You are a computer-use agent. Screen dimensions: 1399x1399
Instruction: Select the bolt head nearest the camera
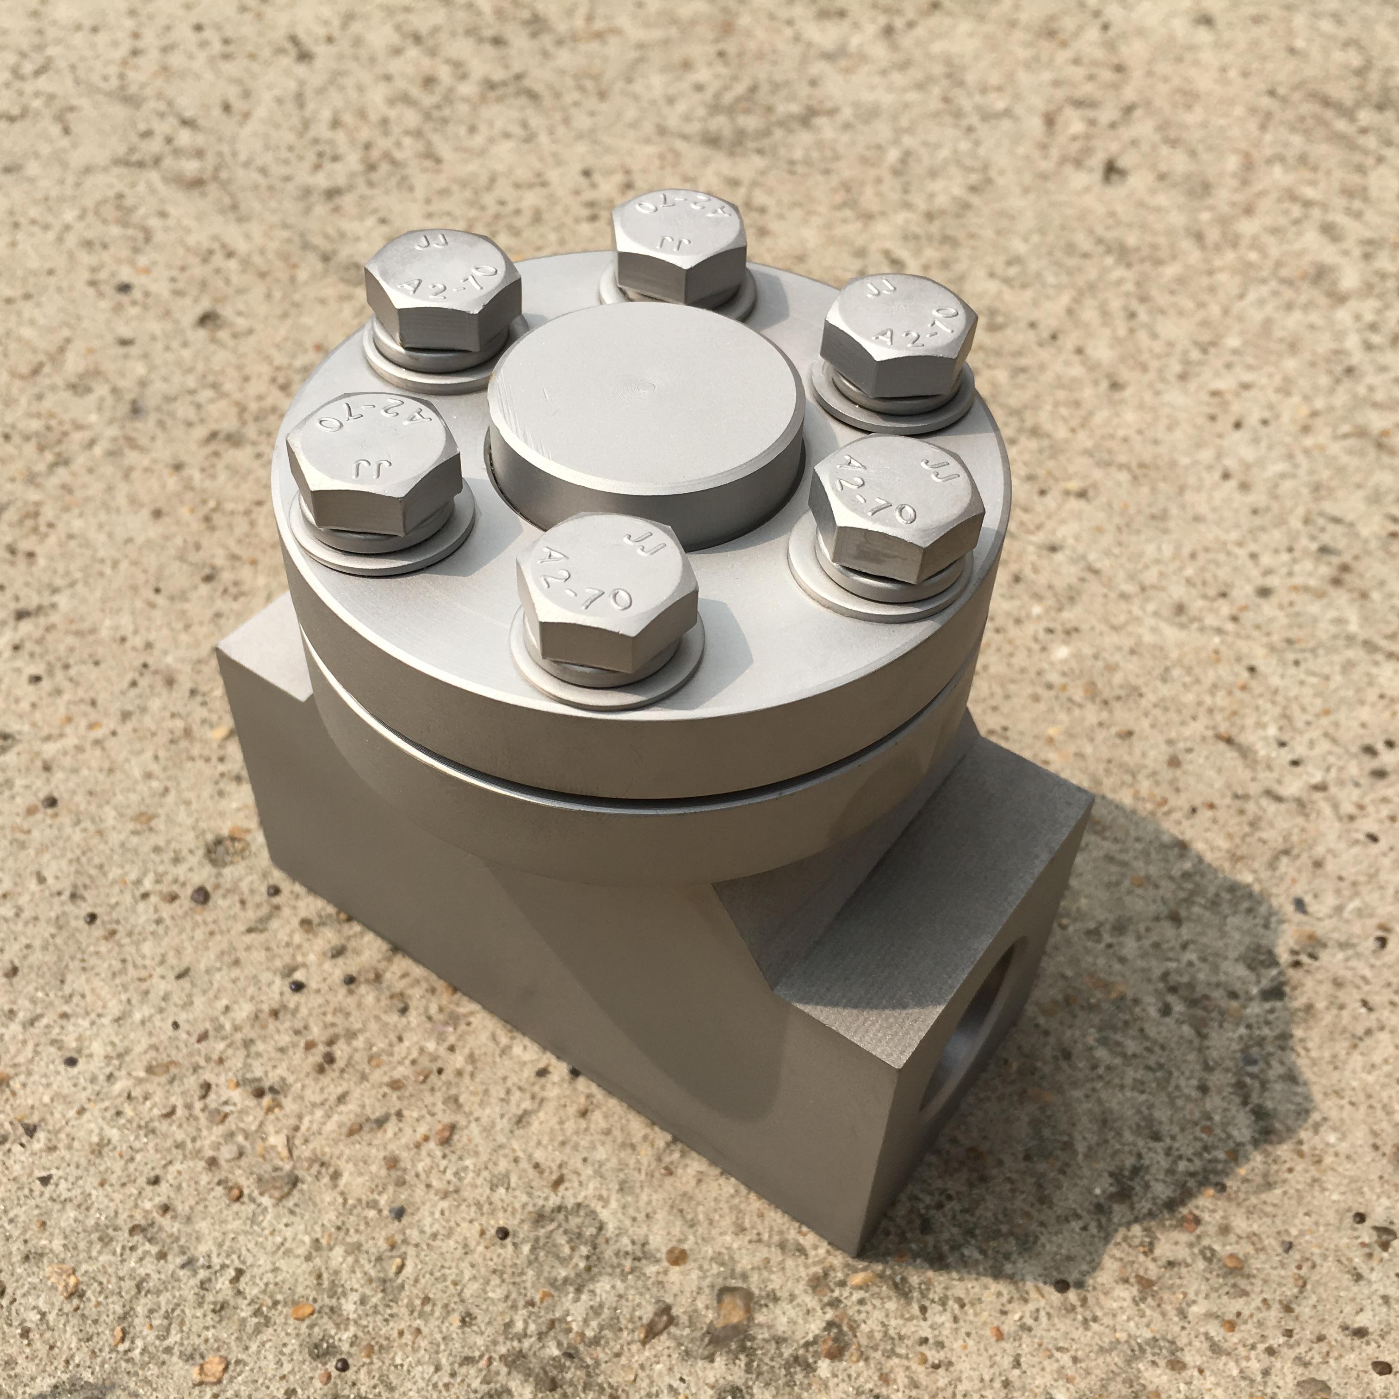[607, 592]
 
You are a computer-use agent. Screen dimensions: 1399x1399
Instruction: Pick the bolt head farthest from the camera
[679, 248]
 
